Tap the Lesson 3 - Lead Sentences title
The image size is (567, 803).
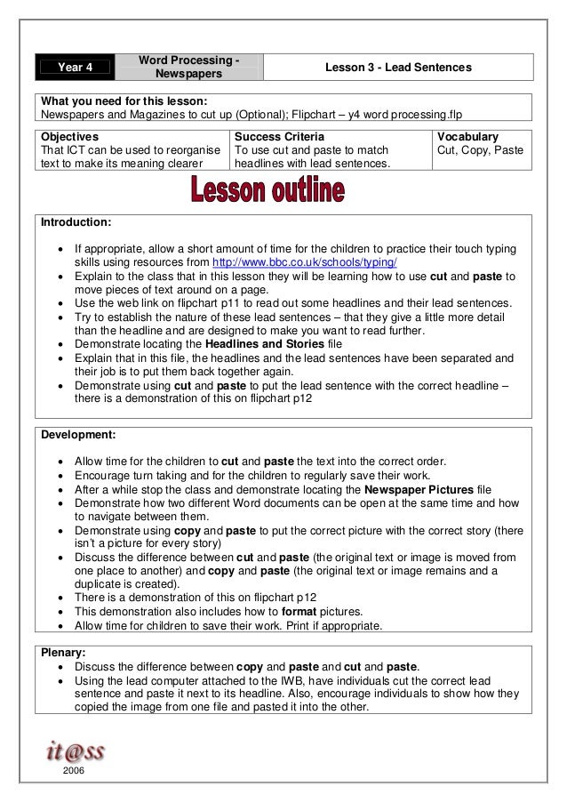tap(398, 68)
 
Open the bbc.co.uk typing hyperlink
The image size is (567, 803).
tap(305, 264)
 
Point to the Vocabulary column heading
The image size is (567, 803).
tap(468, 137)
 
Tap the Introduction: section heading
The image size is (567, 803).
tap(76, 221)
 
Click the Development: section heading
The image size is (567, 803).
tap(78, 435)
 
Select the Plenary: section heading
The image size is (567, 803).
tap(64, 652)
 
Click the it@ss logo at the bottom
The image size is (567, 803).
tap(76, 751)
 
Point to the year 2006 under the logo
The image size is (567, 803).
tap(75, 773)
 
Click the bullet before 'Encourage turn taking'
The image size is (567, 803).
tap(59, 476)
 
